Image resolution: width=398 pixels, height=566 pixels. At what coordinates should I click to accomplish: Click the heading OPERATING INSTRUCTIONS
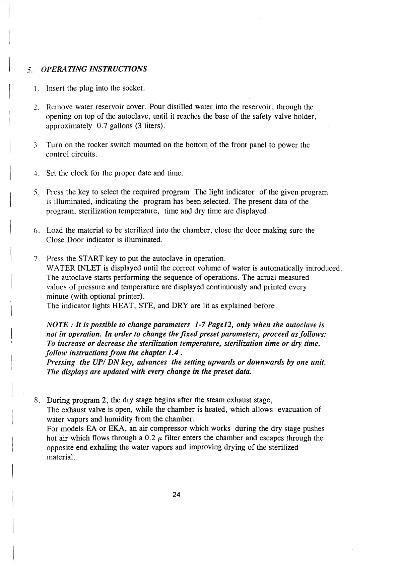94,69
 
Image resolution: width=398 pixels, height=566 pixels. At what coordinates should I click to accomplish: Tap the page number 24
177,495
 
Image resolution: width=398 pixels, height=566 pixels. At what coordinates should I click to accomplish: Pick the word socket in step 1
133,89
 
